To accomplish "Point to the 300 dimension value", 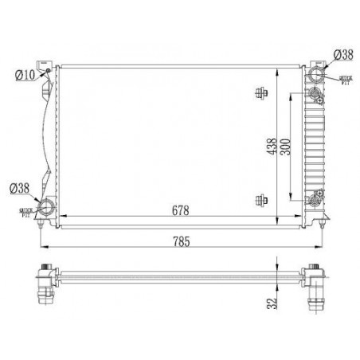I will click(x=295, y=147).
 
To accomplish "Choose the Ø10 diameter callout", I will click(x=25, y=75).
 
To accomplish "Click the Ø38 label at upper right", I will click(x=343, y=54).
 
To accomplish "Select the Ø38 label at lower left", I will click(x=21, y=189).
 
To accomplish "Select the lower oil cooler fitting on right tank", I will click(x=318, y=197).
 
